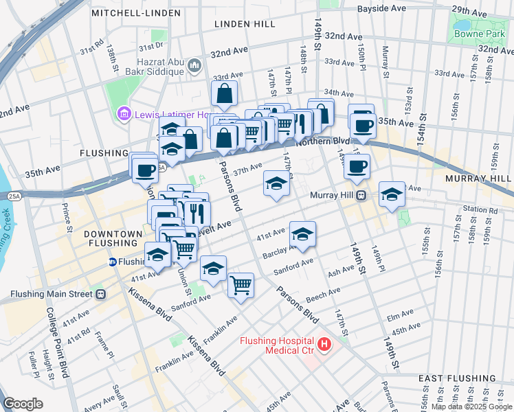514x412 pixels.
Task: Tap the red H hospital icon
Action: pyautogui.click(x=322, y=343)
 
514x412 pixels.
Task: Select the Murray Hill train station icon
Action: pyautogui.click(x=359, y=196)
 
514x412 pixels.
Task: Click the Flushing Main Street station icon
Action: pyautogui.click(x=100, y=295)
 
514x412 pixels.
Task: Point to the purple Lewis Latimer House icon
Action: pyautogui.click(x=124, y=113)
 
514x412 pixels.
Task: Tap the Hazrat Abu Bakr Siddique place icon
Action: pyautogui.click(x=194, y=65)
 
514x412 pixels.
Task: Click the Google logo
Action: pyautogui.click(x=23, y=404)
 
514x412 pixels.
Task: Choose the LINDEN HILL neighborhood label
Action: pyautogui.click(x=245, y=24)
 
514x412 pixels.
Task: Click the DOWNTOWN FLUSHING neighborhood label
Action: pyautogui.click(x=113, y=240)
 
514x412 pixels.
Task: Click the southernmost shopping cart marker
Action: pyautogui.click(x=241, y=284)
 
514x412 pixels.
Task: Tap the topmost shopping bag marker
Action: pyautogui.click(x=225, y=93)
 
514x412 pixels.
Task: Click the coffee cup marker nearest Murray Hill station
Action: pyautogui.click(x=357, y=166)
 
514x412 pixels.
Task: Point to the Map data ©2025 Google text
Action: pyautogui.click(x=469, y=407)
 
